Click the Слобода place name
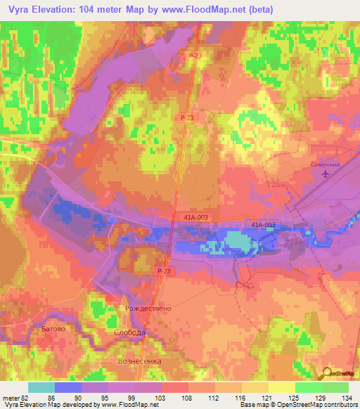(130, 332)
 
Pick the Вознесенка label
(139, 361)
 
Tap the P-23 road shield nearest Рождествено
(164, 271)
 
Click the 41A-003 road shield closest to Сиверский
(262, 225)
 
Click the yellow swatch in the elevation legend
(282, 387)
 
